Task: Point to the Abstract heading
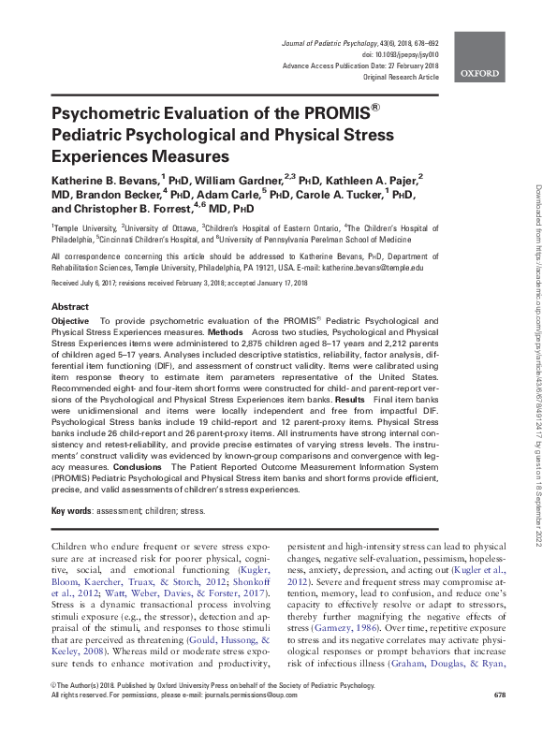coord(70,307)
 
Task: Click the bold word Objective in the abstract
coord(71,321)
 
